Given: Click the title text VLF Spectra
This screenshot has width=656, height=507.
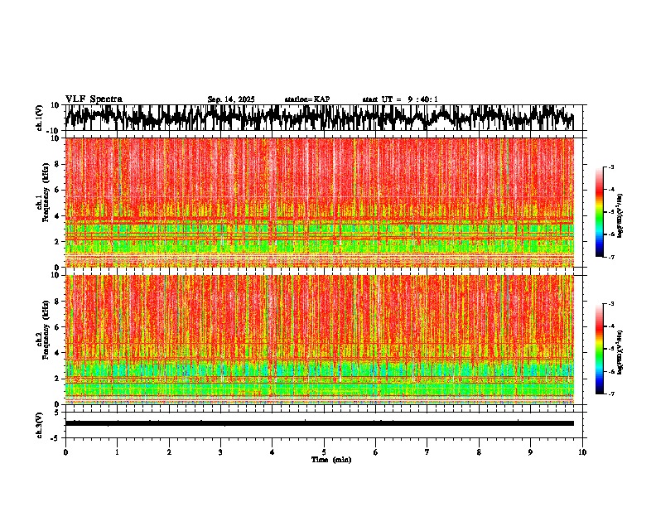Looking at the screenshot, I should point(94,99).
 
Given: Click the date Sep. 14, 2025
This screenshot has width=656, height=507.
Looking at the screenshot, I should point(231,99).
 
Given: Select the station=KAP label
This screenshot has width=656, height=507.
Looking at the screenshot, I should point(307,99).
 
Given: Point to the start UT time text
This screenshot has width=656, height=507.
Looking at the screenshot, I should point(400,99).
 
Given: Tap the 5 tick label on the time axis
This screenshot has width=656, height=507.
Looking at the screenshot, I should point(324,452).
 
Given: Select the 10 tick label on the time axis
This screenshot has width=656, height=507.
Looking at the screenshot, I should point(582,452).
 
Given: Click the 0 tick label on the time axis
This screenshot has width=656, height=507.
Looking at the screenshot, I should point(65,452).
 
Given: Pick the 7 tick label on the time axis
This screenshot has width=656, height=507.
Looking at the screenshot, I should point(427,452).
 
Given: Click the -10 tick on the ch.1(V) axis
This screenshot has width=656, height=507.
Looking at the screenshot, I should point(54,131).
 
